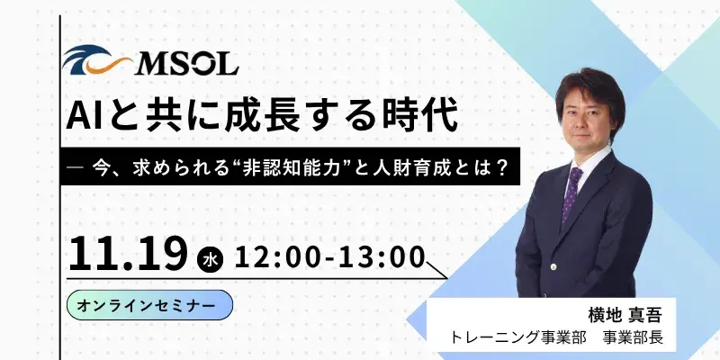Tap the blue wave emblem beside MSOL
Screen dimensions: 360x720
(98, 62)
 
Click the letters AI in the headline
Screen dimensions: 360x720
(93, 117)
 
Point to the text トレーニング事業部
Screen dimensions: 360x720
(521, 340)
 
